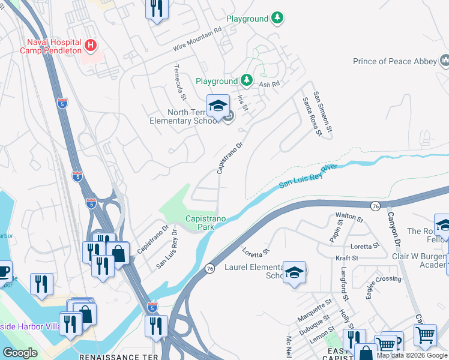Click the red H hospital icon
point(90,44)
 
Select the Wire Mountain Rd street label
point(197,37)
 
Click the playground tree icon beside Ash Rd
point(246,80)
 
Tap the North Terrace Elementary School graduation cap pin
point(218,107)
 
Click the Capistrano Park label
point(205,223)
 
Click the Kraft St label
point(347,257)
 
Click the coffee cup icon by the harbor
point(3,271)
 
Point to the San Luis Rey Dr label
point(167,248)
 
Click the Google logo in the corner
point(20,353)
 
